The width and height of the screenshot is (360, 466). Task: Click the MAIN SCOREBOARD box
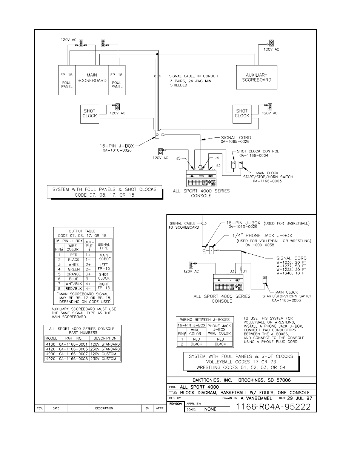(x=92, y=79)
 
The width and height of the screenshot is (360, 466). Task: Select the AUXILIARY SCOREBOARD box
(x=257, y=77)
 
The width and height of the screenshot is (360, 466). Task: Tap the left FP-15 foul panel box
(x=67, y=80)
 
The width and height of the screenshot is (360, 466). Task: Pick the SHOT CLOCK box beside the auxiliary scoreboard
(x=242, y=114)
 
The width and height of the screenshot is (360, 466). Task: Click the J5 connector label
(x=179, y=158)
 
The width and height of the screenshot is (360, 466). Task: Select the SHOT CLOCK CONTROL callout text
(x=258, y=151)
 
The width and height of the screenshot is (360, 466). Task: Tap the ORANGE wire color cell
(x=74, y=274)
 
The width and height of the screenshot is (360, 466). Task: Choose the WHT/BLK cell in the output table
(x=74, y=284)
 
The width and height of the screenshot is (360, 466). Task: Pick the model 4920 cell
(x=50, y=359)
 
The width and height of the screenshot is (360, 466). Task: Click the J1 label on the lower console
(x=245, y=271)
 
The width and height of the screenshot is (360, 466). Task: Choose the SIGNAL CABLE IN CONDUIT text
(x=194, y=76)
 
